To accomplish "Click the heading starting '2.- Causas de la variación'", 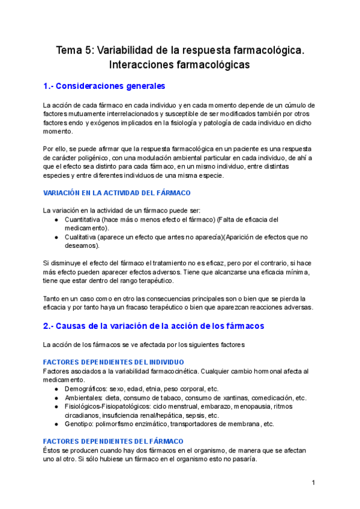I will (154, 326).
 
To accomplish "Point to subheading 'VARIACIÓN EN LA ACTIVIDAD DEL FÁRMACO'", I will (117, 193).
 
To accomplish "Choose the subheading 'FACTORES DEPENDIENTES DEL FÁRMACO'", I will (108, 441).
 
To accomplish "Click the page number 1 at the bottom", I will (313, 483).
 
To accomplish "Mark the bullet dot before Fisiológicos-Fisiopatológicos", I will (56, 406).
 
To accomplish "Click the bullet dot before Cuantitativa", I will (56, 220).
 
